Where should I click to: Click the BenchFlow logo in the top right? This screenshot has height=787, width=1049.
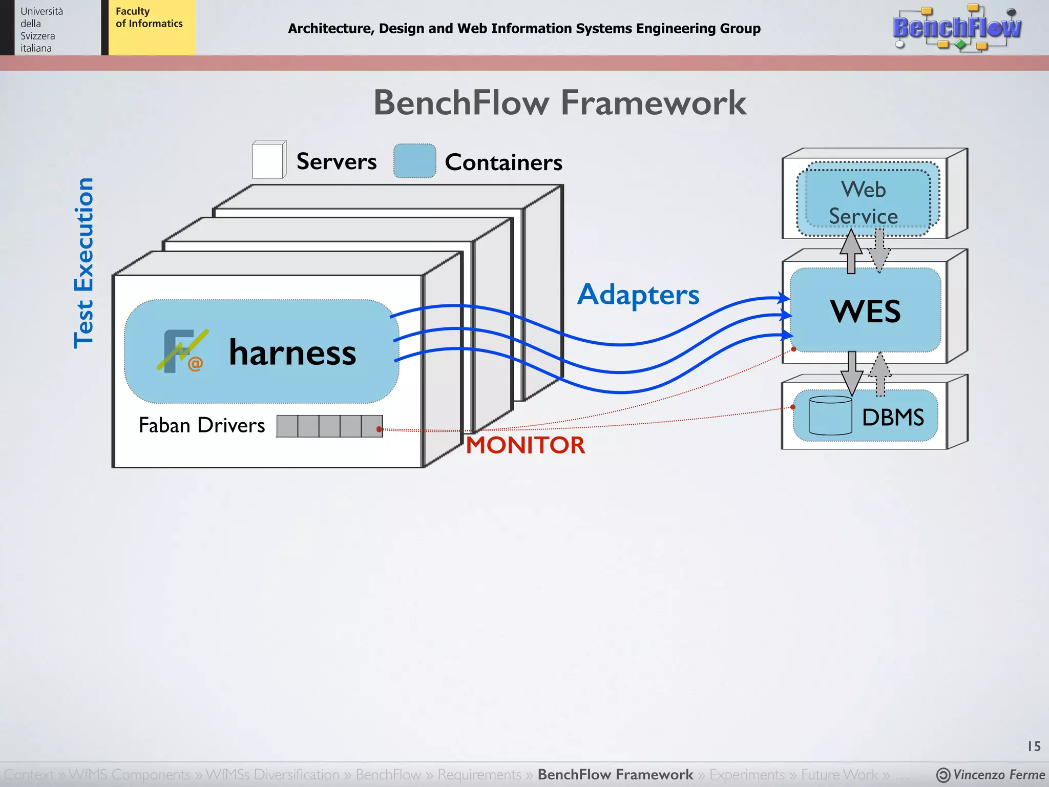pos(957,28)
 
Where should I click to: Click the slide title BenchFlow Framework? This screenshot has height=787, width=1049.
pos(560,102)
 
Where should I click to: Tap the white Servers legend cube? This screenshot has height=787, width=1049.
pos(268,160)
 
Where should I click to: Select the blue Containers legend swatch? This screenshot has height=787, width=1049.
pos(414,161)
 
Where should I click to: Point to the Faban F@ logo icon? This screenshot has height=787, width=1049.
pos(182,351)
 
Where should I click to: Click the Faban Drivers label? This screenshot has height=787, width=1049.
pos(202,425)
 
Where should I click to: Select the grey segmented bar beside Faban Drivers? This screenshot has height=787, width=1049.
pos(329,426)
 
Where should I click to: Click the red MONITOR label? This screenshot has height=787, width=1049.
pos(525,445)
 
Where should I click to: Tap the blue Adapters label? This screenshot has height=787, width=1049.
pos(638,295)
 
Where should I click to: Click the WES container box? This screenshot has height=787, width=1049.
pos(865,310)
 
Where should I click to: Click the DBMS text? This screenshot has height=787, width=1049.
pos(893,417)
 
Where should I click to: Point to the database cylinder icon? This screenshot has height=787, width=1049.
pos(830,416)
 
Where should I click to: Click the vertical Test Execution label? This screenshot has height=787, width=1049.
pos(84,263)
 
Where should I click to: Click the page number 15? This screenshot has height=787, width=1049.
pos(1034,746)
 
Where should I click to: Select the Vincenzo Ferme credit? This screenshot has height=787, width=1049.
pos(991,775)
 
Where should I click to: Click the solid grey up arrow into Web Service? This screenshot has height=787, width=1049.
pos(851,251)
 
